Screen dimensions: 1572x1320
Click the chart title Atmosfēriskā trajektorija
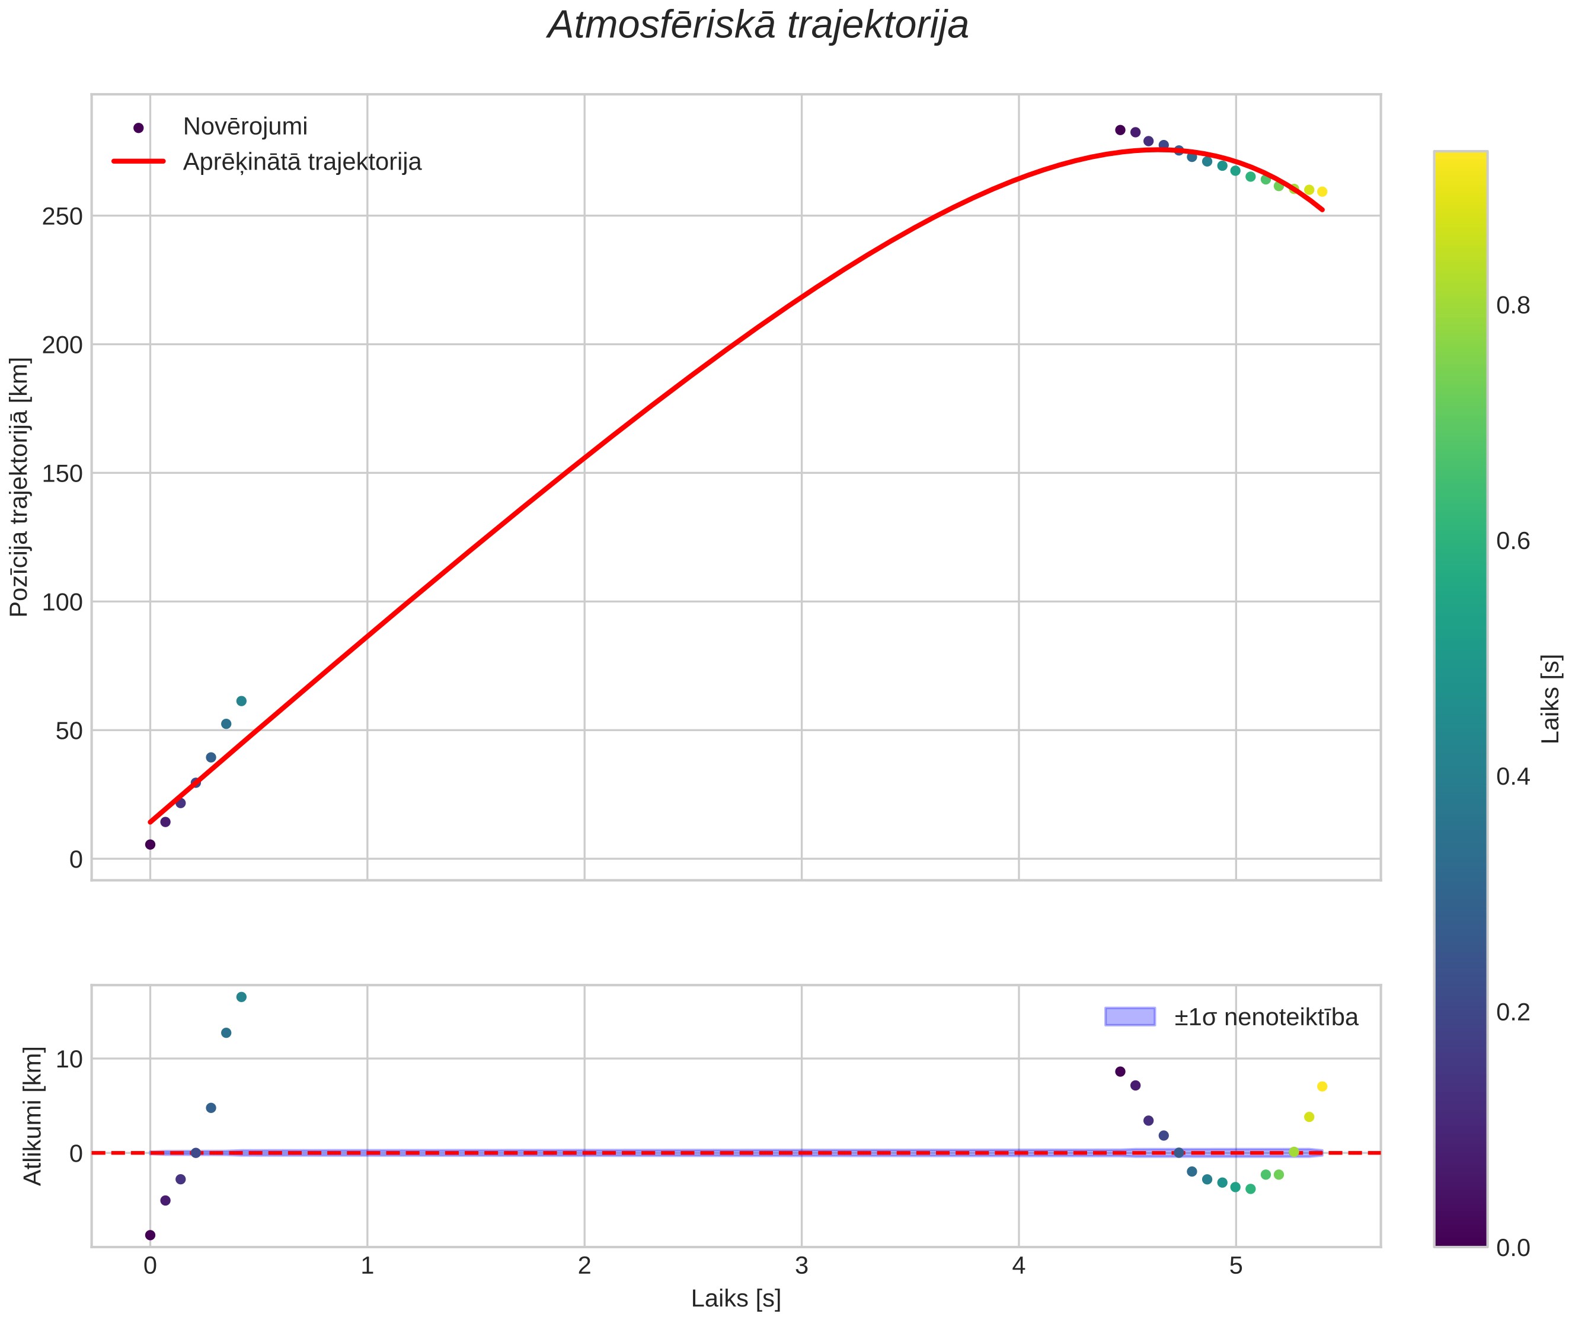click(x=758, y=25)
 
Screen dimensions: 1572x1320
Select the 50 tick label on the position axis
click(x=69, y=731)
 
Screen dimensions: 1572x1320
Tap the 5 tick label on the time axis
click(x=1236, y=1265)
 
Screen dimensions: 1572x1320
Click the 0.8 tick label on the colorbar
click(x=1513, y=305)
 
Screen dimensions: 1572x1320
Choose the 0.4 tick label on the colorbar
click(x=1513, y=776)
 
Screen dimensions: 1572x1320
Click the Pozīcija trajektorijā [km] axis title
click(x=20, y=487)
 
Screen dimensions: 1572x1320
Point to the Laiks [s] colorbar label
click(x=1551, y=699)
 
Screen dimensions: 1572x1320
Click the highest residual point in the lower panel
click(x=241, y=997)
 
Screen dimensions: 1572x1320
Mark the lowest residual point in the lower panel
click(x=150, y=1235)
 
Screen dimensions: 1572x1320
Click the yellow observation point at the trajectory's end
click(x=1322, y=192)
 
